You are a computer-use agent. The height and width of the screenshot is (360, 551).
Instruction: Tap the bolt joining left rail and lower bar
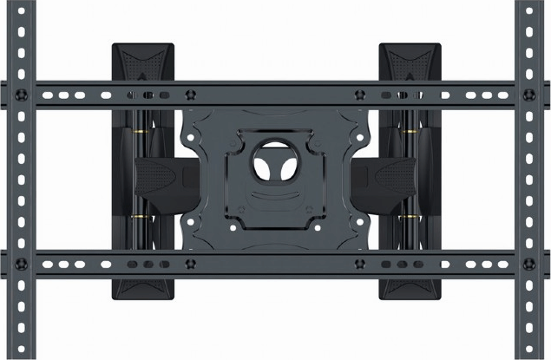pyautogui.click(x=21, y=263)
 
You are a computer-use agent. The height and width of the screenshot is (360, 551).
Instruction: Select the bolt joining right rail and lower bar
pyautogui.click(x=528, y=263)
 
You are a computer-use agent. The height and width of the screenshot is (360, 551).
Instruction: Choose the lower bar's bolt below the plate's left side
pyautogui.click(x=193, y=262)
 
